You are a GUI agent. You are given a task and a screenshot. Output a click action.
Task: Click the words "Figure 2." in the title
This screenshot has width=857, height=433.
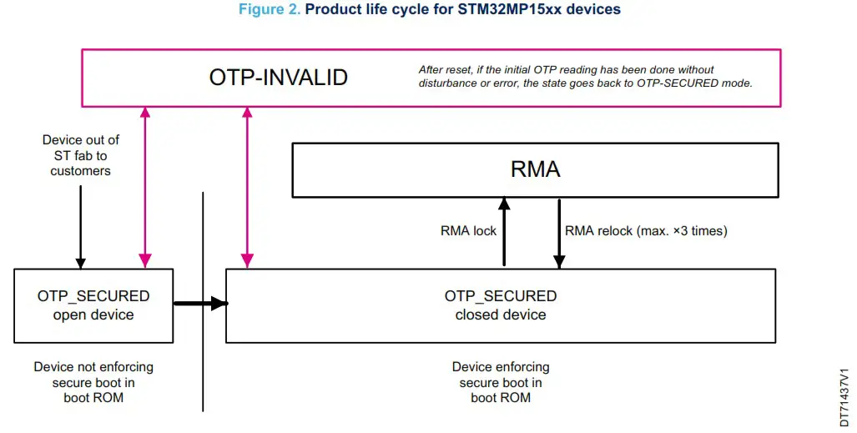(x=270, y=9)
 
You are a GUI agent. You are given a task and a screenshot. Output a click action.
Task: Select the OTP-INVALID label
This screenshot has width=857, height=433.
(x=278, y=78)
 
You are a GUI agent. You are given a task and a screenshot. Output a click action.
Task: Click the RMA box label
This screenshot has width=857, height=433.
(x=535, y=169)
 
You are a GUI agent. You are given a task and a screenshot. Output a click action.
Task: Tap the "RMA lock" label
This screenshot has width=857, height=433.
(x=468, y=231)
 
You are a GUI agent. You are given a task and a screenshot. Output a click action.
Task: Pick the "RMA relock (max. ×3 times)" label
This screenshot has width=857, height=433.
(x=646, y=231)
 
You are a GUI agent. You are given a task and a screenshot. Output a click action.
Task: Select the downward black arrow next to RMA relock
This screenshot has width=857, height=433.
(x=559, y=234)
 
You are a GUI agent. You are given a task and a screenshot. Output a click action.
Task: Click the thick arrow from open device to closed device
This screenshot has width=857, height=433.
(x=199, y=304)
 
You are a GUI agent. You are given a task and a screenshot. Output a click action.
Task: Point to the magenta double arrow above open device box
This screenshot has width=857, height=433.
(x=145, y=188)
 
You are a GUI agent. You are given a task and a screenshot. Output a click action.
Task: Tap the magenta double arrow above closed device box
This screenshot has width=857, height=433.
(x=246, y=188)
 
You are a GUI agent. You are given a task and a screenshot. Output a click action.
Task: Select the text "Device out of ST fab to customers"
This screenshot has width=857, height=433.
(x=81, y=155)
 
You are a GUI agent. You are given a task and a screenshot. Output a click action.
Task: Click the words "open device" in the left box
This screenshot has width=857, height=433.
(x=93, y=315)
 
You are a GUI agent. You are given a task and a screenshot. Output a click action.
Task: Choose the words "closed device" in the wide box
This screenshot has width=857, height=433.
(x=501, y=315)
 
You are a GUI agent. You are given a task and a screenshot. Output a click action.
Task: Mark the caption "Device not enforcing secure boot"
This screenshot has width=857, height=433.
(x=93, y=382)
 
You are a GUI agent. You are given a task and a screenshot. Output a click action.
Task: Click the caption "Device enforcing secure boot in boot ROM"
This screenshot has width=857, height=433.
(x=501, y=382)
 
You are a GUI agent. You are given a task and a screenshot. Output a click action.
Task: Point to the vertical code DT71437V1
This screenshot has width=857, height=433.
(x=844, y=397)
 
